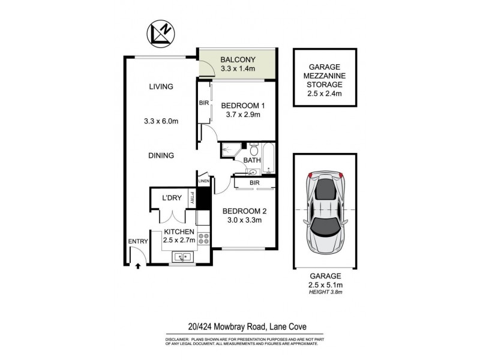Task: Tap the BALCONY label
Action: click(237, 59)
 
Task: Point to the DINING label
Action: click(161, 155)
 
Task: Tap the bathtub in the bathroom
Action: click(268, 157)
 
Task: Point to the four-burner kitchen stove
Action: click(204, 239)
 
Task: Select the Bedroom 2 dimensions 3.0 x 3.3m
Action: click(244, 220)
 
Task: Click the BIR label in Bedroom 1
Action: click(203, 103)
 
